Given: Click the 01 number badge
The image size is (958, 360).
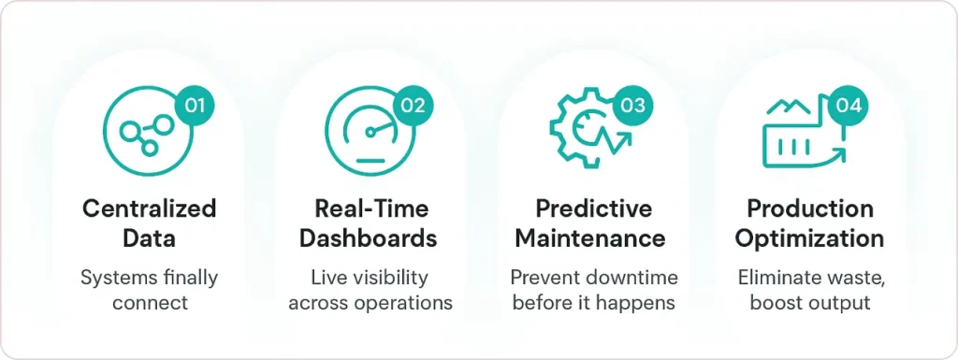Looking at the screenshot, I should pyautogui.click(x=194, y=105).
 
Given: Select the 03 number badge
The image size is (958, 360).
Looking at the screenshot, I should pyautogui.click(x=632, y=105).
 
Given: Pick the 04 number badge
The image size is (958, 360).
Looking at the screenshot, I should pyautogui.click(x=848, y=105).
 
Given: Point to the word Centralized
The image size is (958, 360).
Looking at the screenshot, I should pyautogui.click(x=149, y=208).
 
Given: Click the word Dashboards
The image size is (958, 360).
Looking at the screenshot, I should pyautogui.click(x=368, y=238).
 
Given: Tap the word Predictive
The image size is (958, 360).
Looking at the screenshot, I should pyautogui.click(x=593, y=208).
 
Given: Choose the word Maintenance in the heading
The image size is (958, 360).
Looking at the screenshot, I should pyautogui.click(x=590, y=238).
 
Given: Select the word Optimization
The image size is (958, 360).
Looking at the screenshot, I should pyautogui.click(x=810, y=238).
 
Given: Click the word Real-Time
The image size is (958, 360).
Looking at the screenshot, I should pyautogui.click(x=368, y=208).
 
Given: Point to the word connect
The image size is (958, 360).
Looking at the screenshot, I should pyautogui.click(x=150, y=303).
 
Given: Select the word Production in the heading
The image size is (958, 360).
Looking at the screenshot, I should pyautogui.click(x=810, y=208).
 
